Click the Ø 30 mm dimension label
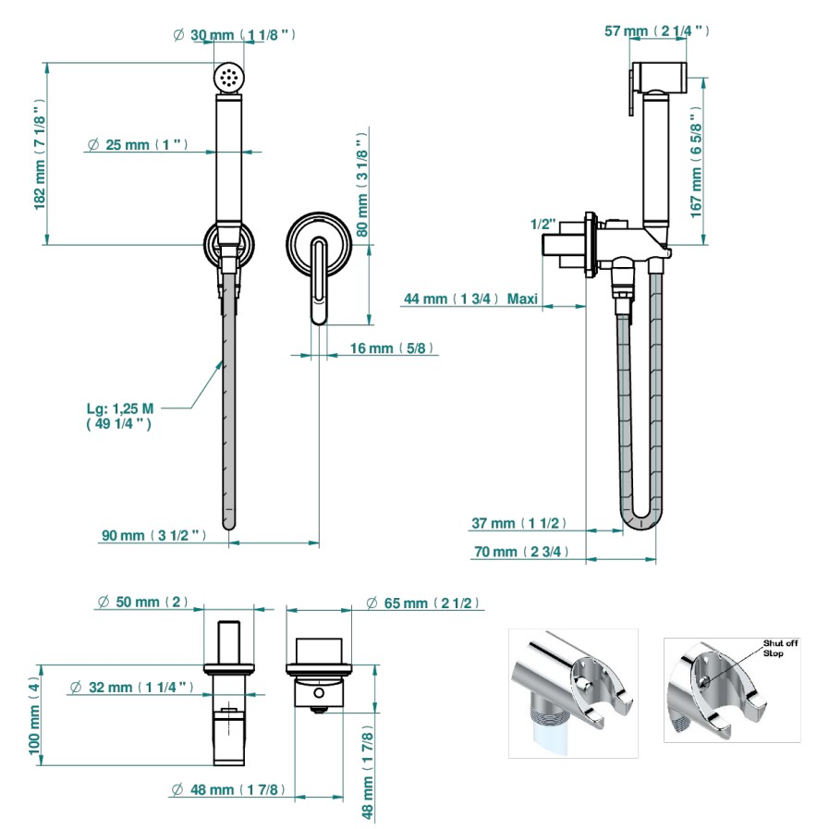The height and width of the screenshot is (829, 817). [234, 35]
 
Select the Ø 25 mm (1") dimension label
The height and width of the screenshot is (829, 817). [138, 144]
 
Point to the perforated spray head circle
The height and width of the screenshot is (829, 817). [229, 78]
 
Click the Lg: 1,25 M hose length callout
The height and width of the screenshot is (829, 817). [120, 416]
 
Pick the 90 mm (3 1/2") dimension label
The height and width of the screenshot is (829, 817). [153, 535]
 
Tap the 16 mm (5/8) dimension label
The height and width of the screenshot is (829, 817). [392, 347]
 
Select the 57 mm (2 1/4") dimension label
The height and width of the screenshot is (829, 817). [657, 30]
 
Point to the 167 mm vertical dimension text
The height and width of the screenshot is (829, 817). [696, 163]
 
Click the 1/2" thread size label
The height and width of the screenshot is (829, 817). [543, 225]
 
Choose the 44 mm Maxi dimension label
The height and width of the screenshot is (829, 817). [470, 299]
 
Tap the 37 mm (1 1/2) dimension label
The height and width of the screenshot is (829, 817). [518, 523]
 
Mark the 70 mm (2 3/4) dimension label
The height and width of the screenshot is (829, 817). [521, 552]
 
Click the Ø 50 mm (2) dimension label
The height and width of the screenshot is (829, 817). [142, 602]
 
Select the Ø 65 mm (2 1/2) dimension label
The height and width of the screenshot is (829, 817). [422, 603]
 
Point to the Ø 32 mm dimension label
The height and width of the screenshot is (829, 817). [131, 688]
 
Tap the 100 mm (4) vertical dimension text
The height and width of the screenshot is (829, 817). [34, 716]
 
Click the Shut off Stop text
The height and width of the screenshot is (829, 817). [780, 648]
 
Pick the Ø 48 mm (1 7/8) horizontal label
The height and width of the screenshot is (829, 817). [228, 790]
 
